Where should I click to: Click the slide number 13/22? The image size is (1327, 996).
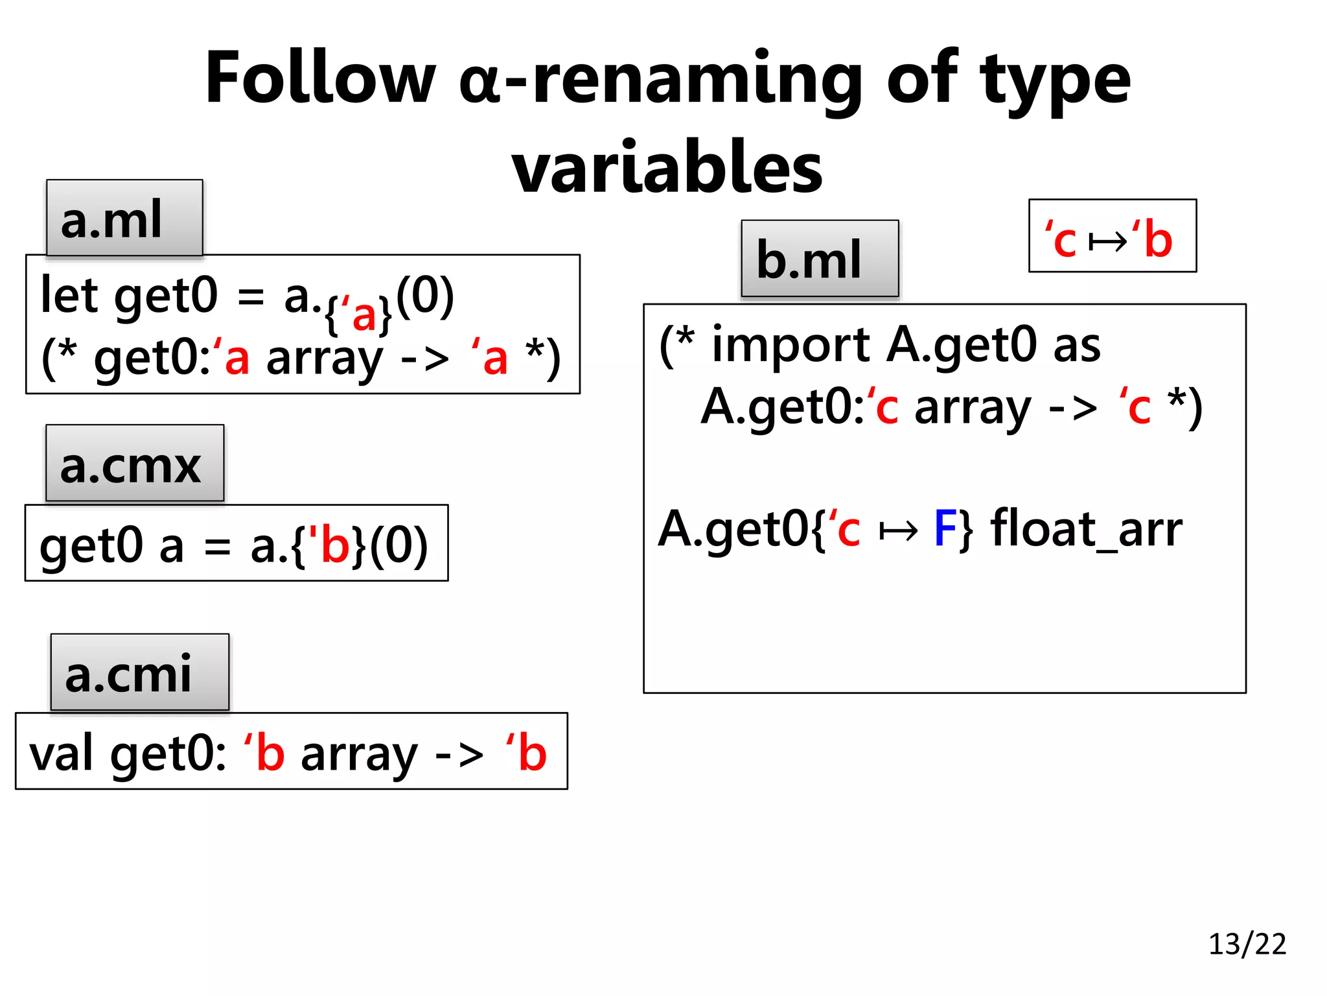click(1247, 943)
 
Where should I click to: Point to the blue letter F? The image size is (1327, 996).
click(945, 528)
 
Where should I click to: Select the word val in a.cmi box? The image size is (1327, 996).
click(61, 753)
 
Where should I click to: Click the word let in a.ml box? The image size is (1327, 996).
click(69, 295)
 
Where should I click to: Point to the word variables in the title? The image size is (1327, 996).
click(667, 168)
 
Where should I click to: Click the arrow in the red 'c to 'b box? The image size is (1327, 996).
click(1107, 242)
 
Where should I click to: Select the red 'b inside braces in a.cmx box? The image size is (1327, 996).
click(330, 544)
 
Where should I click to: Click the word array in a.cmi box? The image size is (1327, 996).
click(359, 755)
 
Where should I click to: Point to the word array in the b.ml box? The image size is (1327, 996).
click(973, 408)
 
